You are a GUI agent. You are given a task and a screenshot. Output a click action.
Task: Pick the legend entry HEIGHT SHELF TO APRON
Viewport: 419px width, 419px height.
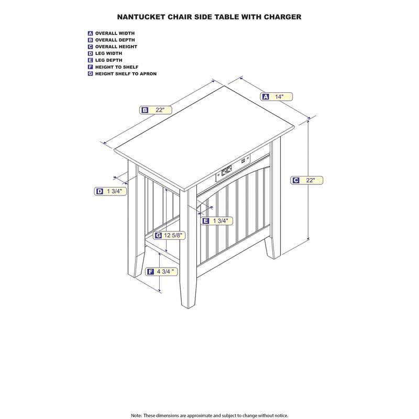[126, 74]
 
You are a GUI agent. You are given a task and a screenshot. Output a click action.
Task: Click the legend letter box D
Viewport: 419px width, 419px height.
[91, 53]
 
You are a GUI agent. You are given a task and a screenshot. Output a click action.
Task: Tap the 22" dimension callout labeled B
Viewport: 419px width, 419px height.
[156, 110]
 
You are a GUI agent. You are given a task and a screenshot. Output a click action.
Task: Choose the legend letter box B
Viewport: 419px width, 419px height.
[91, 40]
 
